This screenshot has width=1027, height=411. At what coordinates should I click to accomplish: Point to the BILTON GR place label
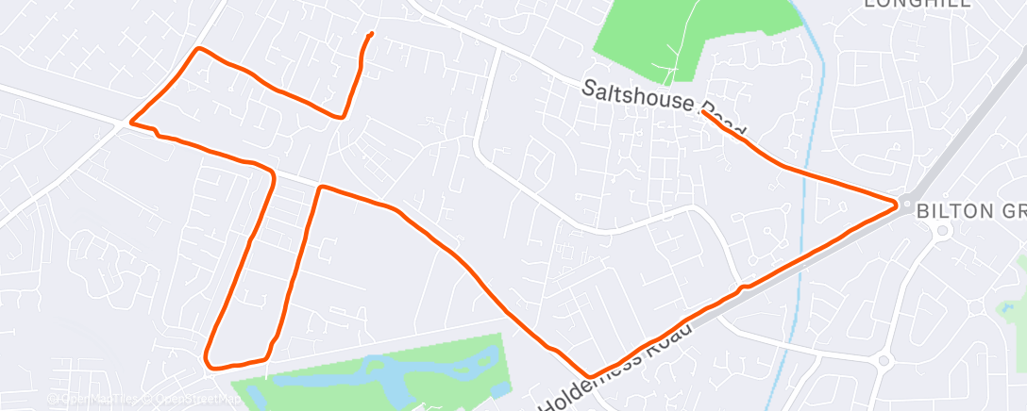point(972,209)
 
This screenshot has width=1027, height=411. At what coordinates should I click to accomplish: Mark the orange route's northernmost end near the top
point(370,35)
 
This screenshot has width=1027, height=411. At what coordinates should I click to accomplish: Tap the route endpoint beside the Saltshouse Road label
point(703,111)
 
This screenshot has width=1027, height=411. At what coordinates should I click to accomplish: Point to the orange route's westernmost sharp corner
point(130,122)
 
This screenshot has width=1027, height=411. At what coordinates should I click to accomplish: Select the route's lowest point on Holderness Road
point(591,376)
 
